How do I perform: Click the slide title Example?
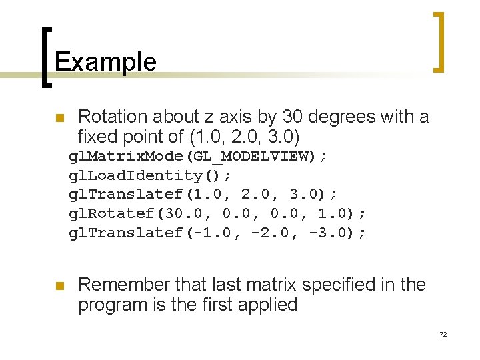coord(105,62)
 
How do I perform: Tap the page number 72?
coord(443,334)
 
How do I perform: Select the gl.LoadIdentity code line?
coord(151,176)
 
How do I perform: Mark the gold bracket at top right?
coord(439,41)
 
